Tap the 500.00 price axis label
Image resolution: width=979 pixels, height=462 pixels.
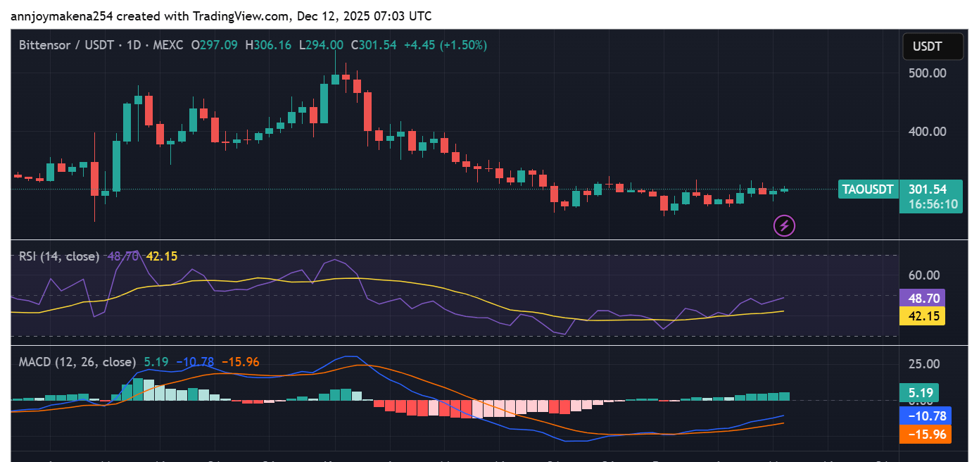pyautogui.click(x=928, y=73)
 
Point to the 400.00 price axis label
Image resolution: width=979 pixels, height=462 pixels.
pyautogui.click(x=928, y=131)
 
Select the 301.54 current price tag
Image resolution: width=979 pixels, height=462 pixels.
pyautogui.click(x=928, y=189)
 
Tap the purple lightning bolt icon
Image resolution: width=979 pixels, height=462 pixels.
pyautogui.click(x=784, y=226)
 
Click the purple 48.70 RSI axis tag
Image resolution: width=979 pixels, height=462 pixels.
pyautogui.click(x=922, y=299)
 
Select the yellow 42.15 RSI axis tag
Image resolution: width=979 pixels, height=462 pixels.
pyautogui.click(x=922, y=316)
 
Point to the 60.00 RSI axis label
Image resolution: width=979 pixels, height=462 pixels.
pyautogui.click(x=924, y=275)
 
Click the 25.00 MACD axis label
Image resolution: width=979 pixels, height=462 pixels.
pyautogui.click(x=924, y=364)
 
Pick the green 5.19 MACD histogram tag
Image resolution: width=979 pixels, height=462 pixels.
pyautogui.click(x=918, y=393)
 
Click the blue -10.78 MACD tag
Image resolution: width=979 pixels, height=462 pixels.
pyautogui.click(x=925, y=416)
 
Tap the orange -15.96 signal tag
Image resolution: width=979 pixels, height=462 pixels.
pyautogui.click(x=925, y=435)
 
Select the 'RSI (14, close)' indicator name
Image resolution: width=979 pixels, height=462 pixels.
pyautogui.click(x=59, y=256)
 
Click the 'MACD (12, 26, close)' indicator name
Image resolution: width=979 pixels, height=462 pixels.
pyautogui.click(x=77, y=362)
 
